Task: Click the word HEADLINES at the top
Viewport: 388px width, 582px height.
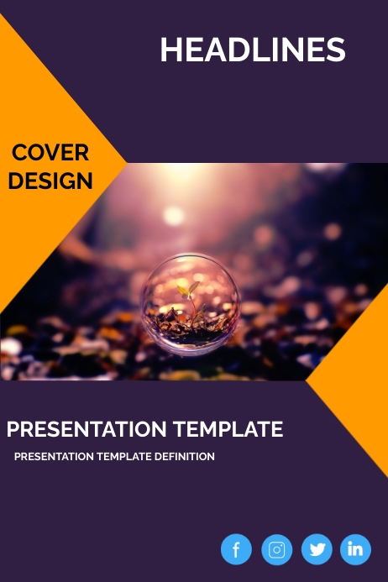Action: click(x=253, y=50)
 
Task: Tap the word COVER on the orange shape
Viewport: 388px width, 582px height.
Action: click(x=50, y=153)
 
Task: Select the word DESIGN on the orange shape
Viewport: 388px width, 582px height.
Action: click(x=50, y=181)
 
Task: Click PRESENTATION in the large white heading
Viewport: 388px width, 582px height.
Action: click(x=87, y=429)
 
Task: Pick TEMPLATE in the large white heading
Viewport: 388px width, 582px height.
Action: click(x=228, y=429)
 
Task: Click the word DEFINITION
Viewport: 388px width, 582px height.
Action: click(x=185, y=457)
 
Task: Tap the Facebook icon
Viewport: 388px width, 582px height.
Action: click(x=236, y=549)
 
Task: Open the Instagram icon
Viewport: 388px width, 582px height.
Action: click(x=276, y=549)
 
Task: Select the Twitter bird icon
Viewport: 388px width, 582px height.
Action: click(x=317, y=549)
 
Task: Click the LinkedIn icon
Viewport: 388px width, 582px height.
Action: click(x=355, y=549)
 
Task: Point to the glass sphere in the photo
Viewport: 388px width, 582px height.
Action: click(x=191, y=303)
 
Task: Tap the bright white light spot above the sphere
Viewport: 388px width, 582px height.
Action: click(x=174, y=216)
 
